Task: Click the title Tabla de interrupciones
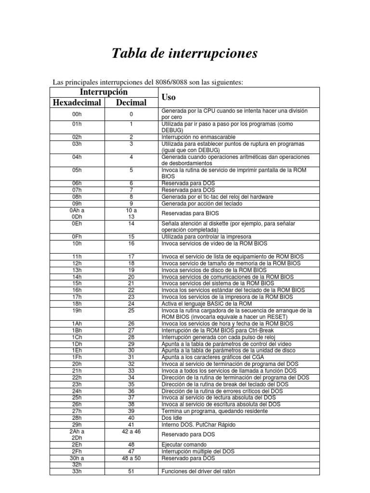point(185,53)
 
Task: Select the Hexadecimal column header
point(77,103)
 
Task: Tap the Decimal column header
point(132,103)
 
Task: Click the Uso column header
point(169,97)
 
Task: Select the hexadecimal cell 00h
point(77,114)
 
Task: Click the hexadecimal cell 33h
point(77,471)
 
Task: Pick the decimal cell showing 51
point(132,471)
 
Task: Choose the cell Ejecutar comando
point(184,444)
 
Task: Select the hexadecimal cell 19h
point(77,311)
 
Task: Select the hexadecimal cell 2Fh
point(77,451)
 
